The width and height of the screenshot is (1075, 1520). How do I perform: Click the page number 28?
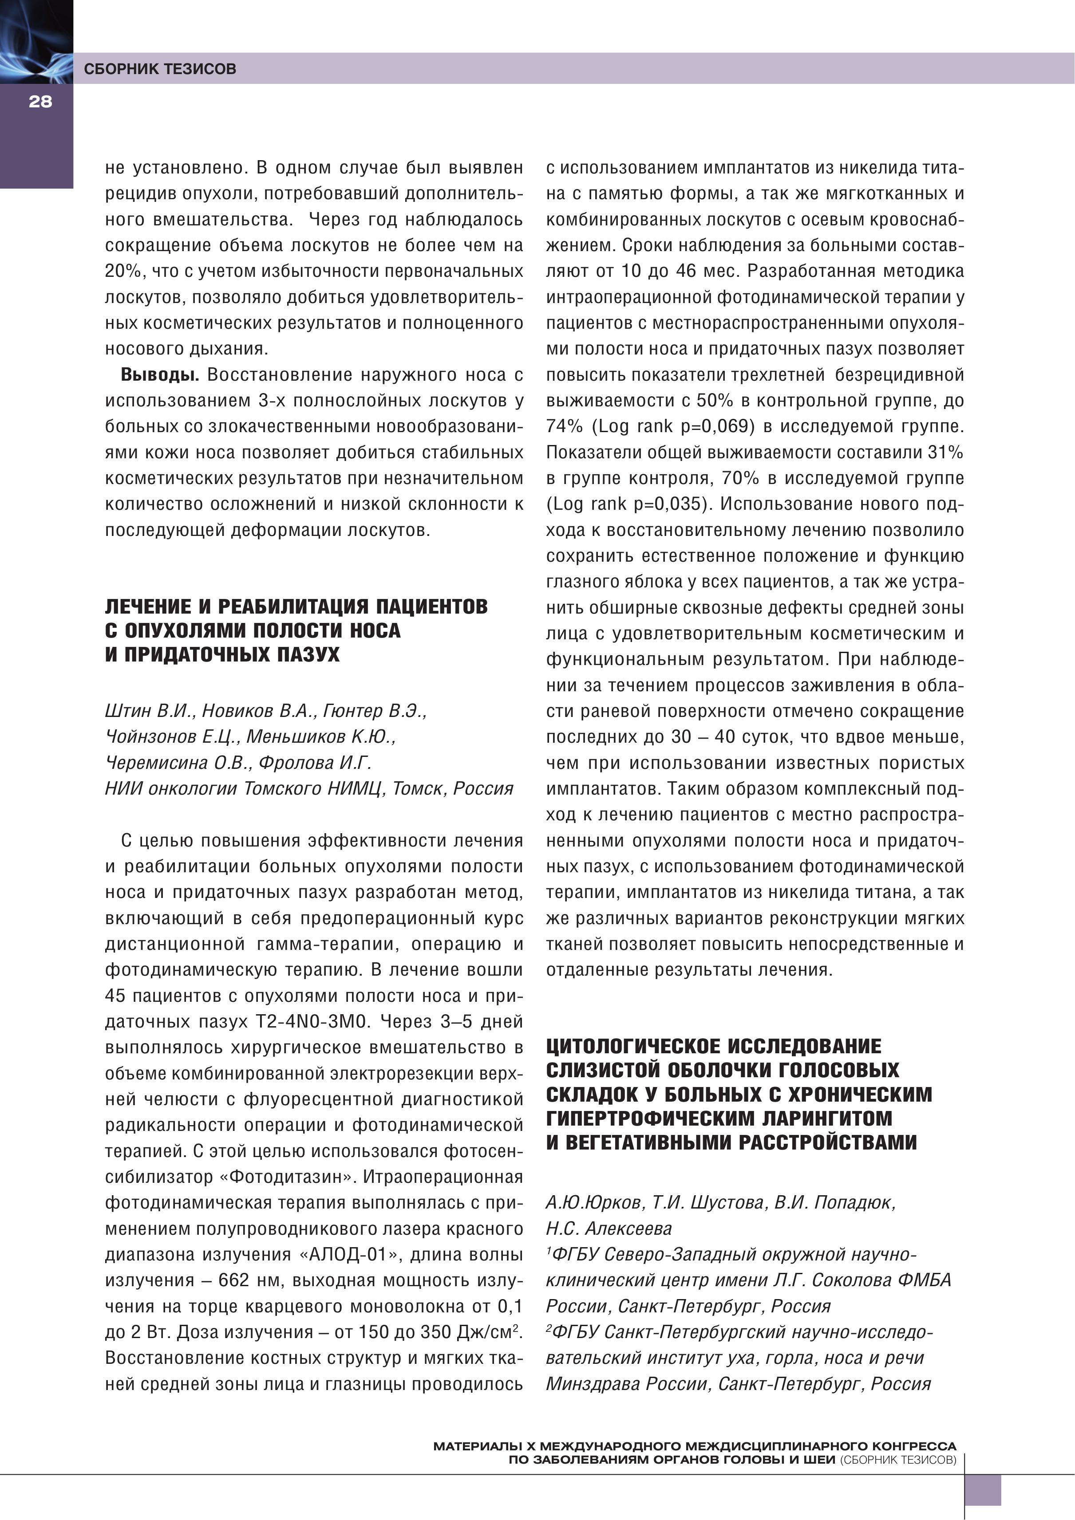pos(40,102)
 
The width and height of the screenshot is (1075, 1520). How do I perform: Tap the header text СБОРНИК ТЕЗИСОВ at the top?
pos(160,69)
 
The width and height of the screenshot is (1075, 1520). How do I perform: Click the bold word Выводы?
pos(160,375)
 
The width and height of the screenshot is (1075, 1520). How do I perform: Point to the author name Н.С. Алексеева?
pos(609,1229)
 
